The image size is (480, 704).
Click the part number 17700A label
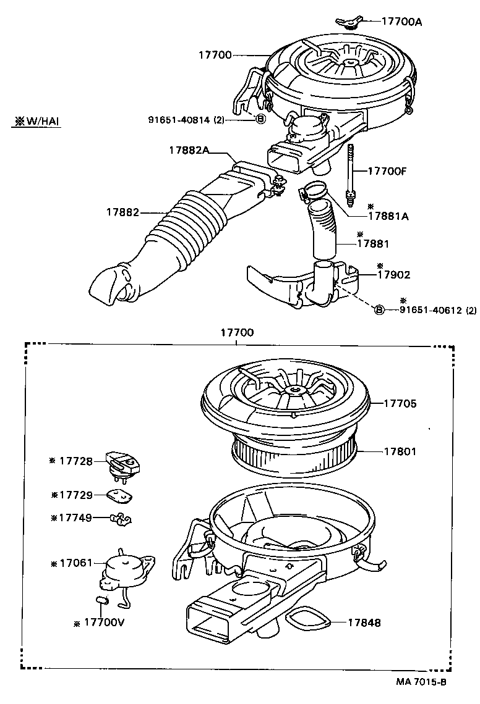pos(401,22)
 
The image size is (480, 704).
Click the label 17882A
pos(190,150)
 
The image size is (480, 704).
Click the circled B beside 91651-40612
pos(379,309)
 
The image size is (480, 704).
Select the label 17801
pos(400,452)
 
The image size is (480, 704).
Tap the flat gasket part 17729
pos(121,495)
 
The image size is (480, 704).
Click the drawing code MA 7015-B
pos(421,682)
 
